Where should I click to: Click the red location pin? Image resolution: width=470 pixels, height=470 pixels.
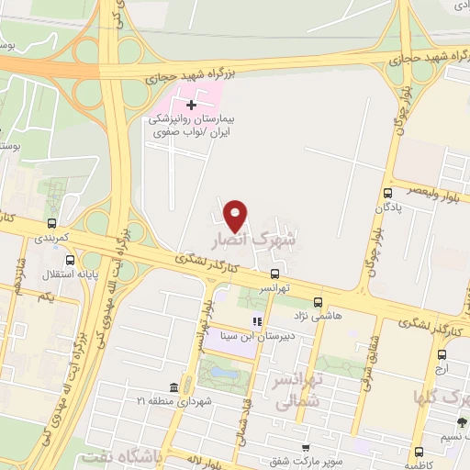[237, 215]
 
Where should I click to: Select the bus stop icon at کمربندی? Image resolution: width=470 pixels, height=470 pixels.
[51, 223]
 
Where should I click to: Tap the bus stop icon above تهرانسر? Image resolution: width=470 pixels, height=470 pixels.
[274, 274]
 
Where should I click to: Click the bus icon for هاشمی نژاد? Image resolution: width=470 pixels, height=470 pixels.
[318, 301]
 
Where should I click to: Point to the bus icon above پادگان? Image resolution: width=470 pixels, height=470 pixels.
[388, 193]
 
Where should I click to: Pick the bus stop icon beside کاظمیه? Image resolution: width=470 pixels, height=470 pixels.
[419, 453]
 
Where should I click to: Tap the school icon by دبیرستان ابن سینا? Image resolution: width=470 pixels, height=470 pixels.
[257, 322]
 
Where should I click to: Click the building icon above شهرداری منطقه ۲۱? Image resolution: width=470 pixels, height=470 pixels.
[174, 387]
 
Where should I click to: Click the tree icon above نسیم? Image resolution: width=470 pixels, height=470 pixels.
[462, 423]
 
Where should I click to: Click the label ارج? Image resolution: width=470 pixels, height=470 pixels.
[442, 367]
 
